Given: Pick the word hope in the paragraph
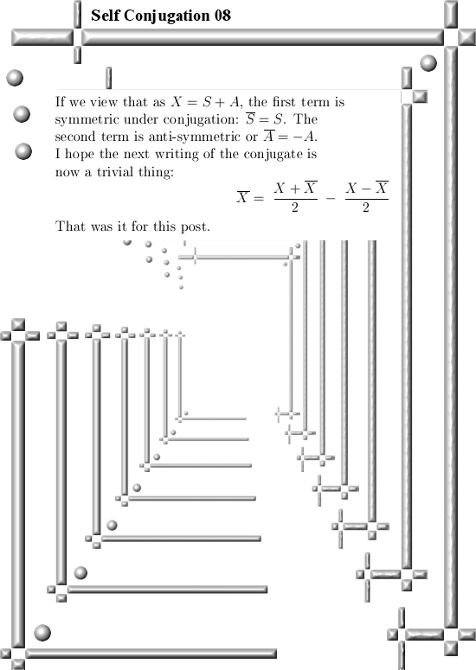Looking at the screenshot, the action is [79, 154].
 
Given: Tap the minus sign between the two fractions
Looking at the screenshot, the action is [331, 198].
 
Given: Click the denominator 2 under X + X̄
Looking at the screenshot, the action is [294, 207].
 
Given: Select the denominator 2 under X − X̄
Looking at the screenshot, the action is [366, 207].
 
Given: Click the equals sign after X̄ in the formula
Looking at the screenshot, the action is [258, 198].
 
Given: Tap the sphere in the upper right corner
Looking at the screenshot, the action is [428, 63].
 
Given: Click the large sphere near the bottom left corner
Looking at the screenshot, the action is [42, 633].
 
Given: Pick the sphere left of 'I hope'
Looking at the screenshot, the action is [23, 151].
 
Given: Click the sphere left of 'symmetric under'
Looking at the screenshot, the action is [22, 114].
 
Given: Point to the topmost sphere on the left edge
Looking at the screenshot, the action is [15, 78].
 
